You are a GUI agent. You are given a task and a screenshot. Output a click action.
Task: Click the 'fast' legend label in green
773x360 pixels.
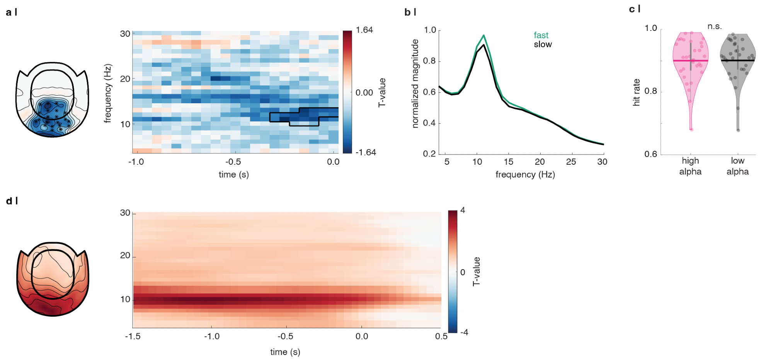(x=541, y=35)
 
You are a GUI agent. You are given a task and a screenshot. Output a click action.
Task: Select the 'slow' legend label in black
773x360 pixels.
(x=543, y=44)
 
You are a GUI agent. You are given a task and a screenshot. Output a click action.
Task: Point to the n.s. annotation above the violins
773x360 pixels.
(x=715, y=26)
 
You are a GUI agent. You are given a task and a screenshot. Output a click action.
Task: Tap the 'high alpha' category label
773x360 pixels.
(x=690, y=166)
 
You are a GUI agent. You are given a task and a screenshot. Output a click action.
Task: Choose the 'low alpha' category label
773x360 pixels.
(x=737, y=166)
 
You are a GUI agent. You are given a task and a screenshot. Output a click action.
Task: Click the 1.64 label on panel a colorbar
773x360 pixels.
(x=364, y=30)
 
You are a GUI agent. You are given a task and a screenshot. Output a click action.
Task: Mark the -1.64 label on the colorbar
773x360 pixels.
(x=365, y=152)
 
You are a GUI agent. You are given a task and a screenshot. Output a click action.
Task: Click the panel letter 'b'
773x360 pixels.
(x=407, y=12)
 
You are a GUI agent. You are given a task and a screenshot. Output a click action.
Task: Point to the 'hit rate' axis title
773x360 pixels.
(x=636, y=92)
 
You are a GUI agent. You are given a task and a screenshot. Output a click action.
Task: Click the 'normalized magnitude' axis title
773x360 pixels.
(x=415, y=84)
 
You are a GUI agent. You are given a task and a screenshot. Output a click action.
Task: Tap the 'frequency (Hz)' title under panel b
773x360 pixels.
(x=525, y=174)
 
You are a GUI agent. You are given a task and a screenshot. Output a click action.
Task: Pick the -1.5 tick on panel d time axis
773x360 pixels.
(x=133, y=336)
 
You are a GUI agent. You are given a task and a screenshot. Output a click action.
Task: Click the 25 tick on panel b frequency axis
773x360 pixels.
(x=571, y=162)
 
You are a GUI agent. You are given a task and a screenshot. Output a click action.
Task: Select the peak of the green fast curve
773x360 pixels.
(x=484, y=36)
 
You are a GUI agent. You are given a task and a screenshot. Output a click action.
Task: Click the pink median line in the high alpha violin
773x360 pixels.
(x=691, y=61)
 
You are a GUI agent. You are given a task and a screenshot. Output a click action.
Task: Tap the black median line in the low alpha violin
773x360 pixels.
(x=737, y=61)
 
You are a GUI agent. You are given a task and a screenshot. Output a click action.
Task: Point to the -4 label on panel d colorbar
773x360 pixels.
(x=464, y=333)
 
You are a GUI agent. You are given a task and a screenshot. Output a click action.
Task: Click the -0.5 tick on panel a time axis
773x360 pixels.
(x=233, y=162)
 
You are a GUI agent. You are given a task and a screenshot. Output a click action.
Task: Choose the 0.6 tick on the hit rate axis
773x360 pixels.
(x=650, y=154)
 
